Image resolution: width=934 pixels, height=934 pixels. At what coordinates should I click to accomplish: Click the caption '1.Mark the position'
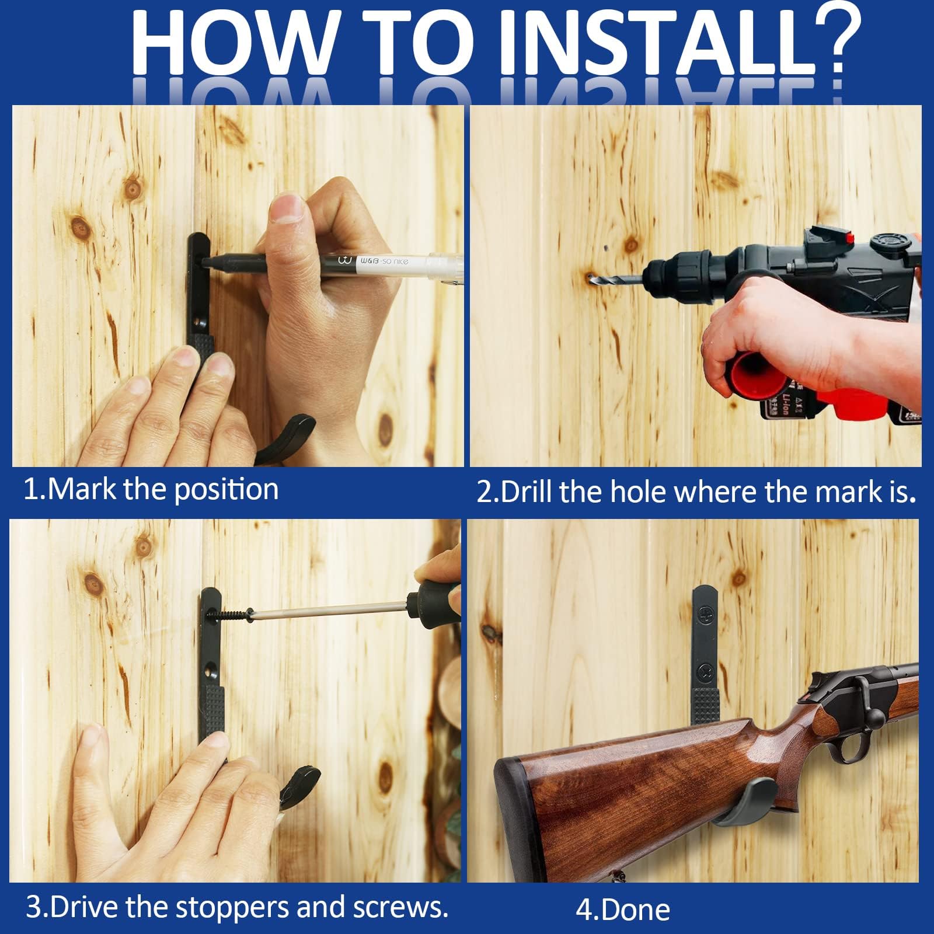[x=151, y=489]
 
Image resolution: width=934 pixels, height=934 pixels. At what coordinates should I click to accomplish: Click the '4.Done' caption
[x=623, y=909]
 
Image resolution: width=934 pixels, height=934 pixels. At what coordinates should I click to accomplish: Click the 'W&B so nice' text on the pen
[x=384, y=260]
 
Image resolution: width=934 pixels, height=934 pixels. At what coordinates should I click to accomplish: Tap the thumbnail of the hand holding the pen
[x=287, y=208]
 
